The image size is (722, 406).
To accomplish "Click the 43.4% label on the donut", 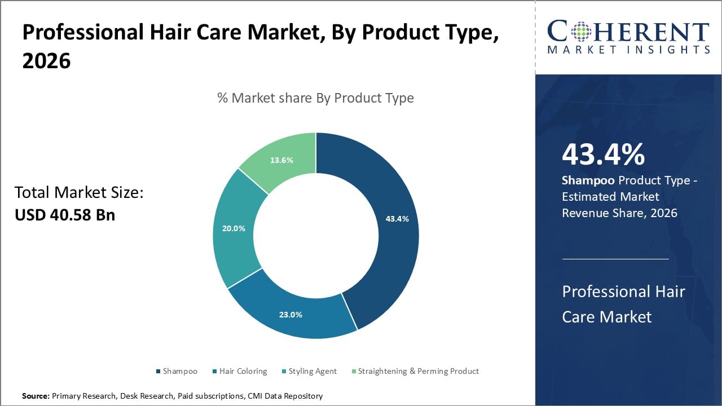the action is [397, 219].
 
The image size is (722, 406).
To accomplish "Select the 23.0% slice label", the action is [290, 315].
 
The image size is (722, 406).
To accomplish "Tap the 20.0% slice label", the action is [234, 228].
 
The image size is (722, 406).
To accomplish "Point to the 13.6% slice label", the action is [281, 160].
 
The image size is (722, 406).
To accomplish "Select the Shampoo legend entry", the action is [179, 371].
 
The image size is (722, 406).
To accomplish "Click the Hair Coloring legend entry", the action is [243, 371].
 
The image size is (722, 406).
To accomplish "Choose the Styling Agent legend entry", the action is [312, 371].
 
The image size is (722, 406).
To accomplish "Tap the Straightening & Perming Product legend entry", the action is [418, 371].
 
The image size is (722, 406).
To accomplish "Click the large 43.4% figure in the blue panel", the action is [603, 155].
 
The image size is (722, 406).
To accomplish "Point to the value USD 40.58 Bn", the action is [64, 215].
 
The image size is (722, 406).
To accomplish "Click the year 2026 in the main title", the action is [46, 61].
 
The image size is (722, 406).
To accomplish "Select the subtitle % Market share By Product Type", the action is [315, 98].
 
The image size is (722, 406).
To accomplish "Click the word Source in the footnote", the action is [36, 396].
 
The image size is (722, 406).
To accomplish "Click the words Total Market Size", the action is [78, 193].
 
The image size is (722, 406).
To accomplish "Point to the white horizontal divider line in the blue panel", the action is [615, 259].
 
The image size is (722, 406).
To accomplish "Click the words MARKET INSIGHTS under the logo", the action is [628, 50].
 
